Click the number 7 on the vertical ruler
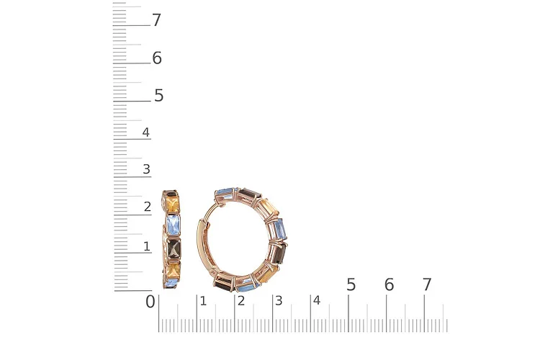(157, 20)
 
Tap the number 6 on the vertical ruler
(157, 58)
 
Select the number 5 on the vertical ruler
(159, 96)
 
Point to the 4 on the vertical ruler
(146, 132)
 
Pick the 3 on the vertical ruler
(146, 169)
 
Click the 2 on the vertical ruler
(148, 207)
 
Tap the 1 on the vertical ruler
(147, 246)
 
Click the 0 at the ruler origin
(150, 302)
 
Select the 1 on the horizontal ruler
(203, 301)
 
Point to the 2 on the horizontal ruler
(241, 301)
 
